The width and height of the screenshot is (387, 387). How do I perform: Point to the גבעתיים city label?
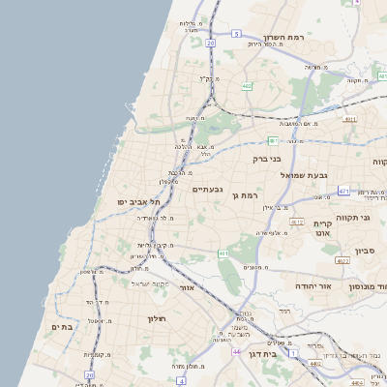(x=207, y=189)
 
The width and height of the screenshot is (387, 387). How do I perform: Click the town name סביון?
(x=365, y=251)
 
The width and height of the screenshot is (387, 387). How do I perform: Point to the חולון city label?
(x=158, y=319)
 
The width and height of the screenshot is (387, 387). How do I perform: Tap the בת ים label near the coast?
(x=62, y=326)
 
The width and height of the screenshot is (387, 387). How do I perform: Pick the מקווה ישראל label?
(x=149, y=283)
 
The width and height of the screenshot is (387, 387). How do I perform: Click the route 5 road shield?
(x=236, y=34)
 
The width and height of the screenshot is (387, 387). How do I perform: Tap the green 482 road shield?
(x=247, y=86)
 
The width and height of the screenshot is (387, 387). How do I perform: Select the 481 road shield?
(x=273, y=141)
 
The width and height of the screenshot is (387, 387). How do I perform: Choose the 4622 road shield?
(x=342, y=260)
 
